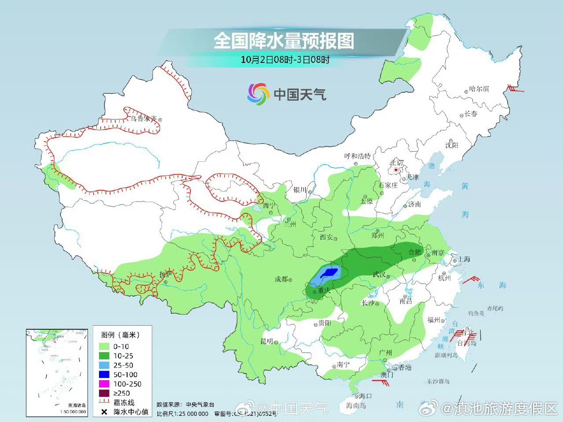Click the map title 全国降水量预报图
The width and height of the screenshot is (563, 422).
coord(284,41)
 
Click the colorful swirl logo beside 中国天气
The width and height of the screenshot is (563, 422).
coord(258,94)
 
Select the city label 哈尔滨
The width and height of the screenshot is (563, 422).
coord(479,89)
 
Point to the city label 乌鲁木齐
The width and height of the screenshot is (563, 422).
coord(143,119)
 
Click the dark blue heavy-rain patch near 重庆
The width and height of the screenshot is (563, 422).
coord(329,273)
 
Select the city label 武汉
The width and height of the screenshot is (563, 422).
coord(379,275)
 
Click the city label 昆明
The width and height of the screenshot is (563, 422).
coord(267,341)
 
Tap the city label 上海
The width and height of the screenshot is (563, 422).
coord(464,259)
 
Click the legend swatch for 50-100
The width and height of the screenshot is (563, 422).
coord(104,375)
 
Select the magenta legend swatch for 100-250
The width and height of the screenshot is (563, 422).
coord(104,384)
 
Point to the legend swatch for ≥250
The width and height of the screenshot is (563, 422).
coord(104,393)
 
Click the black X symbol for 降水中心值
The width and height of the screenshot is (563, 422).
coord(104,412)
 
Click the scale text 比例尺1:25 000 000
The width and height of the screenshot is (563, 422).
coord(182,414)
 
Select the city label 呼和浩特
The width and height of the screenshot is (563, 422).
coord(357,156)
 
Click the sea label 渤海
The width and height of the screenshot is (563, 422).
coord(432,166)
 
